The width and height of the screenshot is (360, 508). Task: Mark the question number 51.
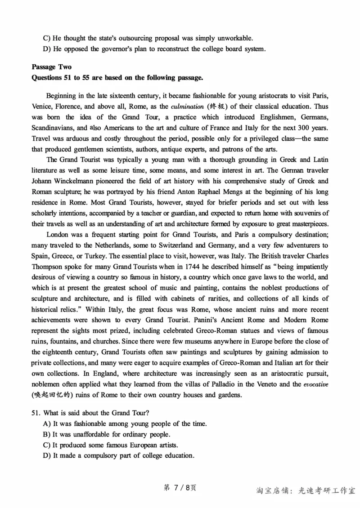(x=36, y=413)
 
